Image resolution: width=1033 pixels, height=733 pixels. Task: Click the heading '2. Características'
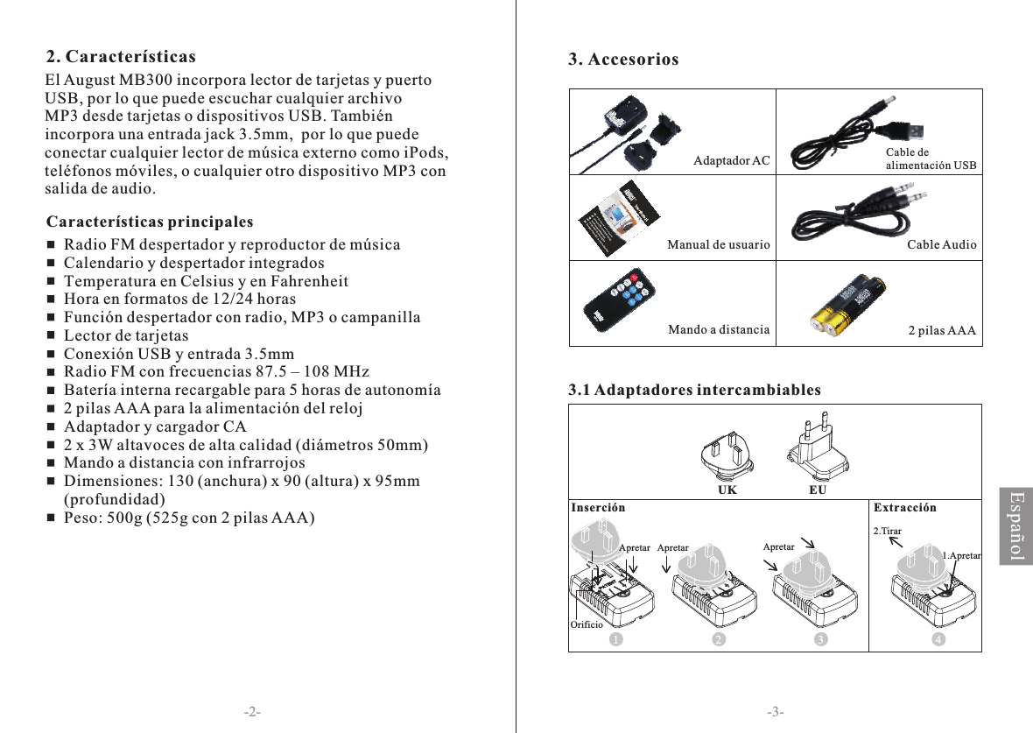coord(121,58)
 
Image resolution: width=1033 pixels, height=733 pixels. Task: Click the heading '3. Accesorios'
coord(623,60)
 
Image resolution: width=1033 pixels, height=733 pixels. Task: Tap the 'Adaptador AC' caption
coord(732,161)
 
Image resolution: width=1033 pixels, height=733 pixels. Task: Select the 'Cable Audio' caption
coord(941,245)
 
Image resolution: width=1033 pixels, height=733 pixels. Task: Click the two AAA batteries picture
coord(847,306)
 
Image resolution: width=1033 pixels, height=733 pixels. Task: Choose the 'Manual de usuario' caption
coord(718,245)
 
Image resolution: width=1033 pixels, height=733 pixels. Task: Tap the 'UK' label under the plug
coord(727,491)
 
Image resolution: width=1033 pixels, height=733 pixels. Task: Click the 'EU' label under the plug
coord(817,491)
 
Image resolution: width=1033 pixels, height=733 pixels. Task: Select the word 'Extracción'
coord(905,508)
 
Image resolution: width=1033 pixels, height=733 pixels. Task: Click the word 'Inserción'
coord(599,508)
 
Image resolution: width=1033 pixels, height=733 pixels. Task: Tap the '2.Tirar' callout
coord(888,532)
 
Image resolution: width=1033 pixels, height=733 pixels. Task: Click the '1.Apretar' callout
coord(961,555)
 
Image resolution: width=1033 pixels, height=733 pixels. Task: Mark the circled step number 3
coord(821,640)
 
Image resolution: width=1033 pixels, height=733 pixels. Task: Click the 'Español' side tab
coord(1015,526)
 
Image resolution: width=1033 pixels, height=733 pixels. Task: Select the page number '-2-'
coord(252,711)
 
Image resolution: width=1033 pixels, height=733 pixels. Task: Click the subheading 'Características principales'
coord(150,220)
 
